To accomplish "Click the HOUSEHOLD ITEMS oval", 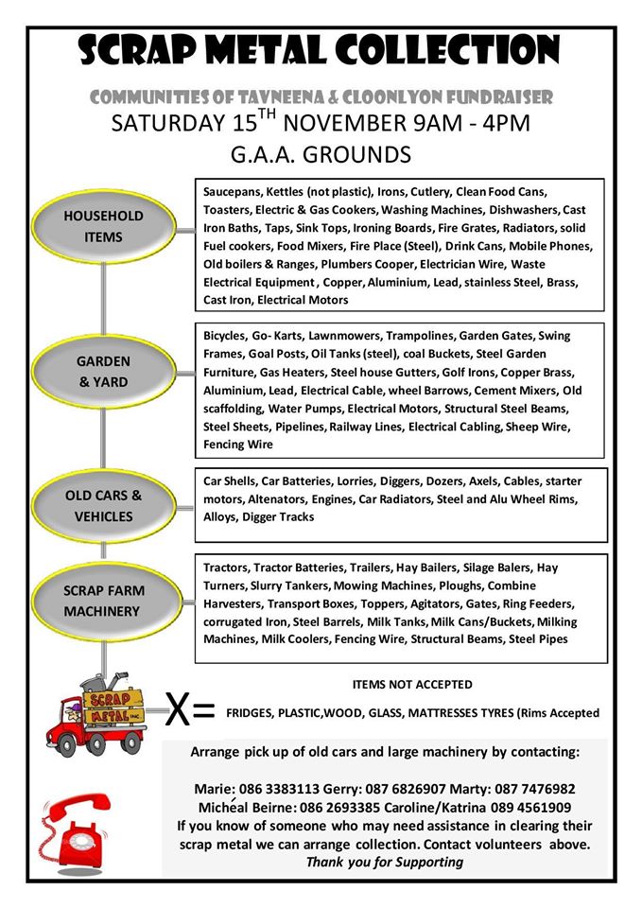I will (104, 226).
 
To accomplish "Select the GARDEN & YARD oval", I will (104, 372).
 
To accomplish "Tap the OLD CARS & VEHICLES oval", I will (104, 505).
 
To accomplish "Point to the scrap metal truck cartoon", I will (102, 710).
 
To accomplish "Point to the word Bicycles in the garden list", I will (224, 336).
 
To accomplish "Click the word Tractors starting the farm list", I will (226, 567).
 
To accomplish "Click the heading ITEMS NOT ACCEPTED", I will (411, 684).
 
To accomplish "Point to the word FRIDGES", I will (252, 713).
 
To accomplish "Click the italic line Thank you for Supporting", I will (384, 862).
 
